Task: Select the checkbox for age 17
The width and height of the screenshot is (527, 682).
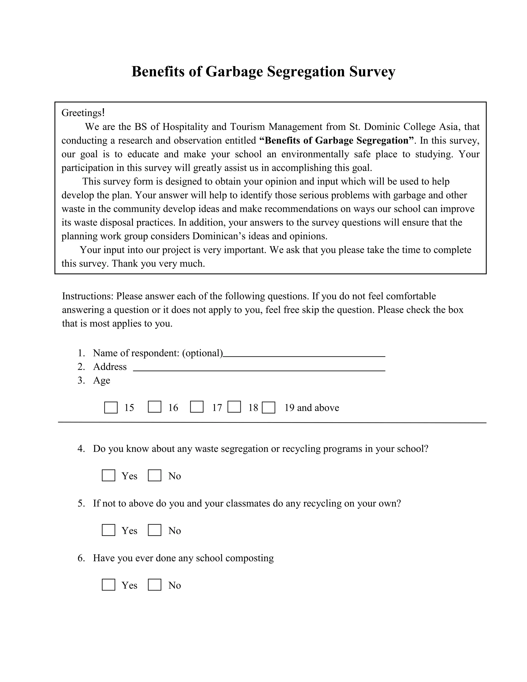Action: pos(197,407)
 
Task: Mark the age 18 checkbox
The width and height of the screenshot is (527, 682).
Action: pos(234,407)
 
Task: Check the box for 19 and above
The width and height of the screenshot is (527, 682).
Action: pos(268,407)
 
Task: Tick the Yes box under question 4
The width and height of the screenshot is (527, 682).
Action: pos(108,476)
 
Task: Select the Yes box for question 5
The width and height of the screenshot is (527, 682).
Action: pos(108,530)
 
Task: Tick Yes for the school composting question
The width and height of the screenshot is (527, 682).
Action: pos(108,585)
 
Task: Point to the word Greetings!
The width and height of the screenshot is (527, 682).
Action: pos(83,113)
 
